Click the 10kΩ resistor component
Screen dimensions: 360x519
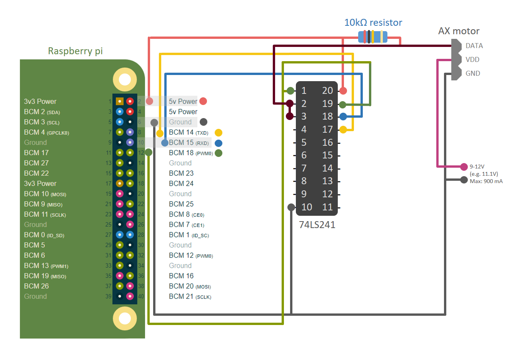tap(372, 37)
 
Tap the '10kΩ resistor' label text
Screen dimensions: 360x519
tap(373, 23)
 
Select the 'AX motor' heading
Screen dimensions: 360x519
tap(459, 31)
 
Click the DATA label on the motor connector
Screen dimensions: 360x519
tap(474, 46)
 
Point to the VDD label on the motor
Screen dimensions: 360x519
tap(472, 60)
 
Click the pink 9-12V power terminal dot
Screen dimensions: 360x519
tap(464, 167)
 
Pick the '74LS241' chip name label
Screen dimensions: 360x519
tap(317, 225)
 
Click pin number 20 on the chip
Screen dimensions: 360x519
tap(327, 90)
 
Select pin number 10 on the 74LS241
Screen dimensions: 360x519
tap(306, 207)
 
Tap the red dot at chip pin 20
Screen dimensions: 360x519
tap(343, 91)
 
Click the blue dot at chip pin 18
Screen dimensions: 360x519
tap(343, 117)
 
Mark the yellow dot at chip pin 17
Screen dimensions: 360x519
tap(343, 130)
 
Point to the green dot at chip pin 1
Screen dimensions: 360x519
tap(290, 91)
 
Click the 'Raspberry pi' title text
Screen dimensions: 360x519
tap(75, 51)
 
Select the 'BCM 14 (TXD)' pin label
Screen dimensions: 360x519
tap(189, 132)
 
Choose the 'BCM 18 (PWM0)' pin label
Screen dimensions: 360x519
tap(190, 153)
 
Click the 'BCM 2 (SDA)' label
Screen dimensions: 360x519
tap(42, 112)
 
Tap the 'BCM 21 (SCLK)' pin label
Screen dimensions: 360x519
tap(190, 297)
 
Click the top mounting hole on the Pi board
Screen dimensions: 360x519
tap(125, 80)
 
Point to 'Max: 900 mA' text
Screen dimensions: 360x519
tap(486, 181)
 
